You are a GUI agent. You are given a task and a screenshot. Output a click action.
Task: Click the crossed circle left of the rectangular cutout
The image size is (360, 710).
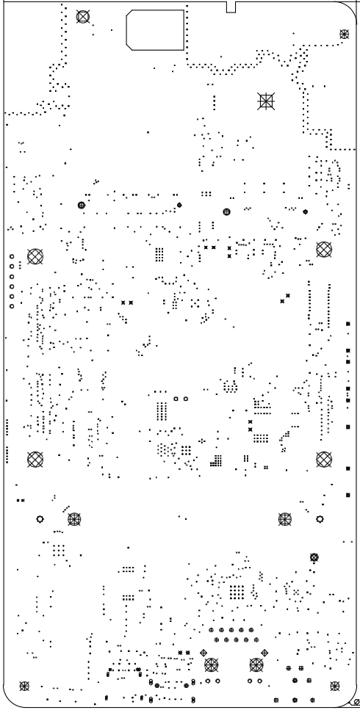point(82,15)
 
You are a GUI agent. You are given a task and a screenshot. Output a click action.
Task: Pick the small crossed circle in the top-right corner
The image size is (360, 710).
point(345,34)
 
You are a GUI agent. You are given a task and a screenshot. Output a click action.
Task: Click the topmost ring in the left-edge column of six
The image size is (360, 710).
point(11,256)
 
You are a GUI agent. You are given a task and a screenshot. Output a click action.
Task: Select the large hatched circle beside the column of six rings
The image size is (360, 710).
point(35,256)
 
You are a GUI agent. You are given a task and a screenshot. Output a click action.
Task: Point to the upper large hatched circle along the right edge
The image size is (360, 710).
point(323,249)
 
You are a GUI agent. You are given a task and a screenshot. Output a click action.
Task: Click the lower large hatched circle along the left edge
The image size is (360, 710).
point(35,459)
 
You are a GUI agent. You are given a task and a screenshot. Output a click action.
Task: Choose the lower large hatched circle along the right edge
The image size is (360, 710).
point(323,459)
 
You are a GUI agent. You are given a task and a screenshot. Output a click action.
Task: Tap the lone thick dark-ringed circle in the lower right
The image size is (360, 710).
point(314,557)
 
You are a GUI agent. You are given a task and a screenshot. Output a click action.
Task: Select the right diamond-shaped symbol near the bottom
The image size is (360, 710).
point(264,653)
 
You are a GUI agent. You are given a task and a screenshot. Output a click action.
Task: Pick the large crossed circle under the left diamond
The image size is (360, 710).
point(212,665)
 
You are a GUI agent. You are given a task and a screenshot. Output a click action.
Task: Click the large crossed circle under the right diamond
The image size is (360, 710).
point(256,665)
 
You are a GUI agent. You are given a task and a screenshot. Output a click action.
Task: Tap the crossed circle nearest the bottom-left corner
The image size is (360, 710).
point(24,686)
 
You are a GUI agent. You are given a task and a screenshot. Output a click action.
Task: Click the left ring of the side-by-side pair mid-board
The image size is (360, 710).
point(176,399)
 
